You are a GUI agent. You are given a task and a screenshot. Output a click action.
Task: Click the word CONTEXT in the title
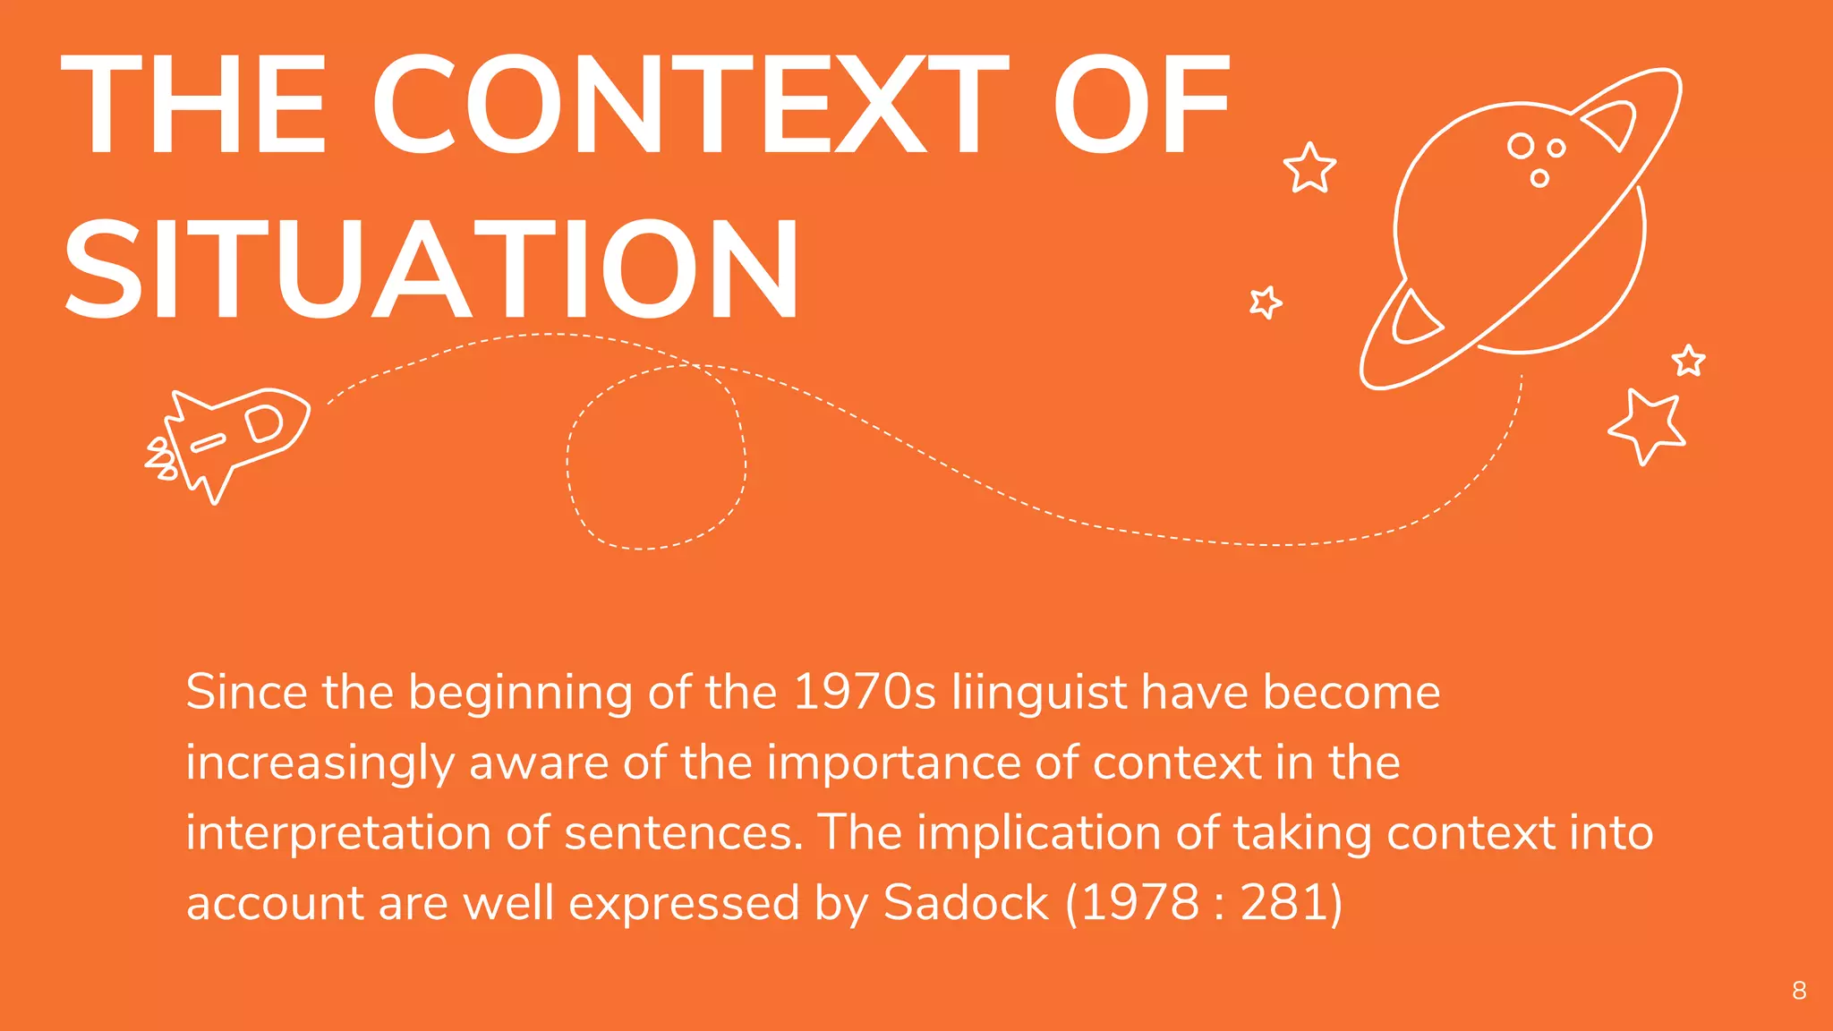689,106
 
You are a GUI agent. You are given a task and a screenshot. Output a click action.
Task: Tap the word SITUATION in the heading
431,270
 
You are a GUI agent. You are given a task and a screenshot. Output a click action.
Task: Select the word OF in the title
1141,106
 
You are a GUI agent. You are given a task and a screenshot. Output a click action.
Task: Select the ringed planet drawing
1520,229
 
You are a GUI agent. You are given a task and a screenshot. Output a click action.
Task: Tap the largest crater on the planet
1520,145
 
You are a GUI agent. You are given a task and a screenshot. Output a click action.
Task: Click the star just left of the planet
1309,167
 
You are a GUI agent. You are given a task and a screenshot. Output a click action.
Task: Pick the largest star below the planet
1647,425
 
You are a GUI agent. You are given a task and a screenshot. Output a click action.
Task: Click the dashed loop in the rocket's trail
656,456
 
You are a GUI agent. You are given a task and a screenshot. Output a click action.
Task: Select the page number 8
1799,991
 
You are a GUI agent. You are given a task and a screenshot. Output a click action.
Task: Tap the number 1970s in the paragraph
865,693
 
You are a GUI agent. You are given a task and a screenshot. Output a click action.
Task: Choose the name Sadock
965,902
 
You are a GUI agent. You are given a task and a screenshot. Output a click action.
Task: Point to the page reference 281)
1292,902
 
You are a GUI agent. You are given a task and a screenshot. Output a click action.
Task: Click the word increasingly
320,764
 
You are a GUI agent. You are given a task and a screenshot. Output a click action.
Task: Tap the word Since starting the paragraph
245,693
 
